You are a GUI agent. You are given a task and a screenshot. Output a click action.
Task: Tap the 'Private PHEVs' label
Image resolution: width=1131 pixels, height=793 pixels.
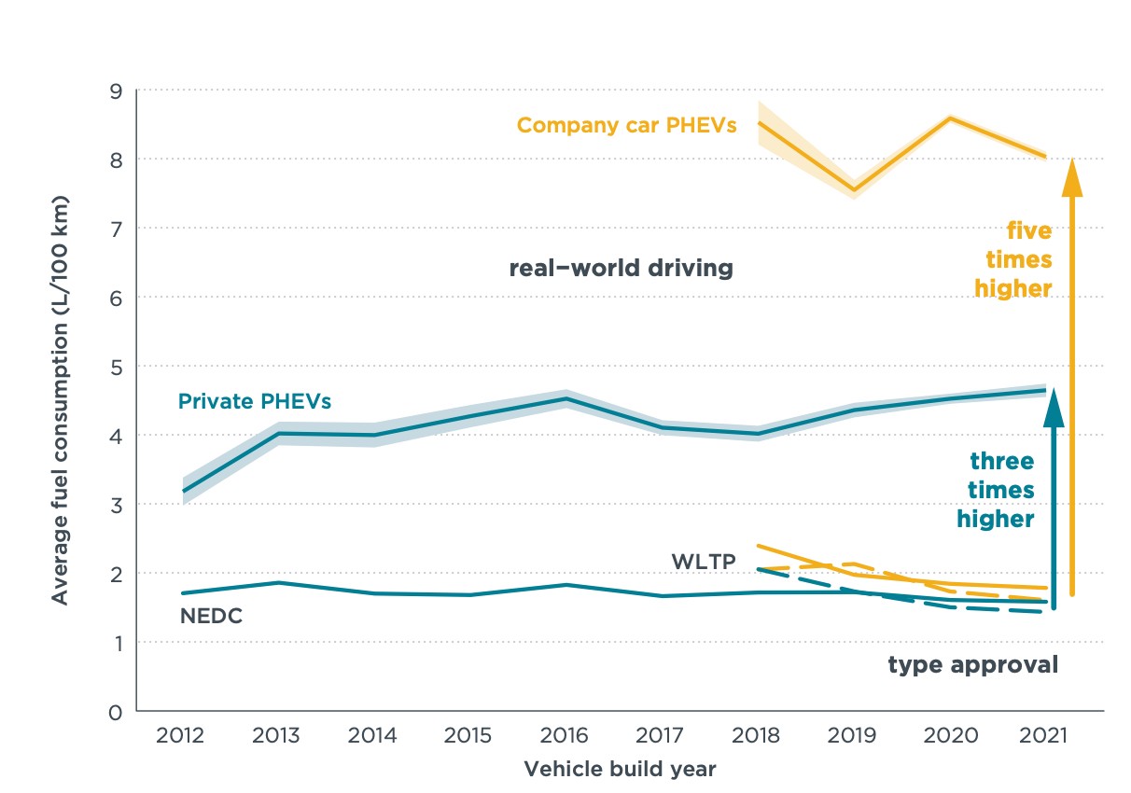click(255, 402)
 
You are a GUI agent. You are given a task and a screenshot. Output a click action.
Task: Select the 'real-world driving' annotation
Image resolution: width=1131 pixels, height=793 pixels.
click(621, 269)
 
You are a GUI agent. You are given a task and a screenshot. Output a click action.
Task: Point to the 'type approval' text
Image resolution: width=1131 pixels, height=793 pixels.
click(972, 664)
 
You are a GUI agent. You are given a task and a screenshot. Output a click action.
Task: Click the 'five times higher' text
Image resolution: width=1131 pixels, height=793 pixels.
click(1013, 259)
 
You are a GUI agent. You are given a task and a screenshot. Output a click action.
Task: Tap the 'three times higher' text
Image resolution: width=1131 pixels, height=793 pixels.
click(996, 490)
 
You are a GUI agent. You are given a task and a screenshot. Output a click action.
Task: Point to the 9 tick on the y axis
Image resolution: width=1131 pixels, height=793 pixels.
click(117, 90)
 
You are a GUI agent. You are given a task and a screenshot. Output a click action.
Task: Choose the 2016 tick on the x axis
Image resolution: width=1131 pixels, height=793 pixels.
click(565, 736)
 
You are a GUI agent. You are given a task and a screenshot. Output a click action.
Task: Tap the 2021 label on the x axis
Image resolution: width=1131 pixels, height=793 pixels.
click(1046, 736)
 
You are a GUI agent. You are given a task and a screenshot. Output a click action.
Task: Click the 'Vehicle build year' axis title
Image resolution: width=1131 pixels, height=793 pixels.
click(620, 770)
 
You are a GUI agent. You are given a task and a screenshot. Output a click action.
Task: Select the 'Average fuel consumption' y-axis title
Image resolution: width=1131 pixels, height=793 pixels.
click(60, 400)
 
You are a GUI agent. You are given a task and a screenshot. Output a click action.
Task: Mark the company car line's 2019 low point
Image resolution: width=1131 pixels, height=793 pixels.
click(854, 189)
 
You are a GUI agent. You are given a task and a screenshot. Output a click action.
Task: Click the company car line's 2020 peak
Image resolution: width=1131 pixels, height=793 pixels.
click(950, 118)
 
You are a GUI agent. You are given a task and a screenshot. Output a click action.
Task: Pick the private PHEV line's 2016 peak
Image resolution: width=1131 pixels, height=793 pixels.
click(565, 399)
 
